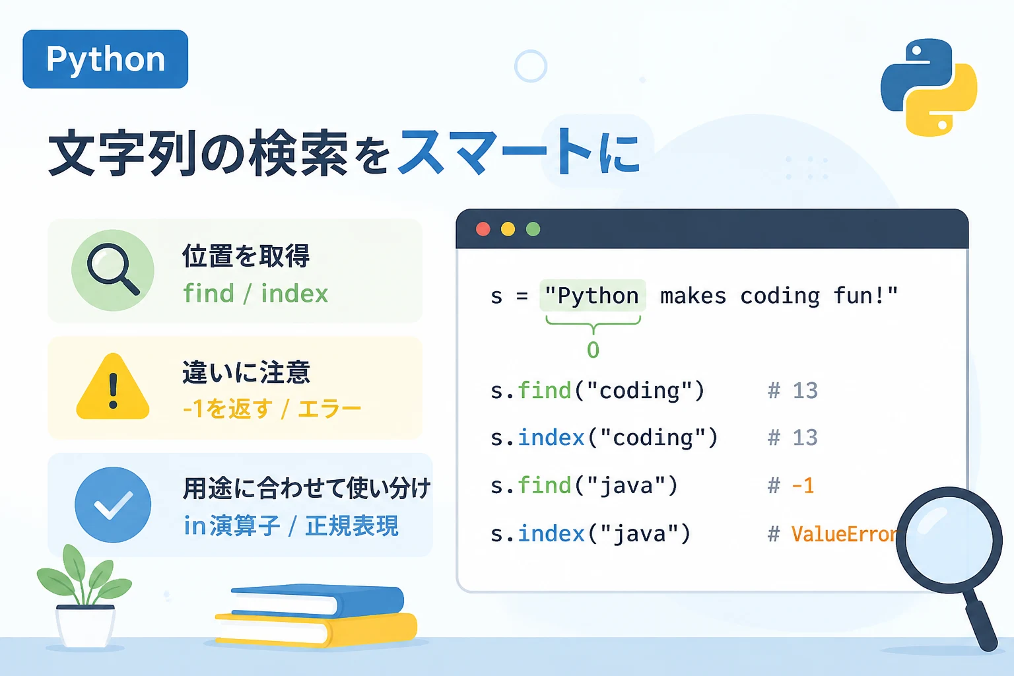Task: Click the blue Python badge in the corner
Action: coord(105,59)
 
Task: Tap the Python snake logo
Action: coord(929,87)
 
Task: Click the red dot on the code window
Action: coord(483,229)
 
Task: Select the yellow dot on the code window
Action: coord(508,229)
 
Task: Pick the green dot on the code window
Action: coord(533,229)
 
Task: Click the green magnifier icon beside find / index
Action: coord(113,270)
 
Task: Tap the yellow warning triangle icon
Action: coord(113,386)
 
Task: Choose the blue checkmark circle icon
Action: coord(113,505)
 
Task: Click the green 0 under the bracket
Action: coord(593,350)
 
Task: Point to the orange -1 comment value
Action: coord(803,486)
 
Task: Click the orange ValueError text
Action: coord(845,534)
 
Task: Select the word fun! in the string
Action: coord(865,296)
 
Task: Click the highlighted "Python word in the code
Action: coord(593,296)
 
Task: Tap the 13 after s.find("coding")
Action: coord(805,390)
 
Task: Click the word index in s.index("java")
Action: coord(551,533)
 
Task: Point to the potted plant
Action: coord(84,597)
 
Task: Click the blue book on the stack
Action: coord(317,600)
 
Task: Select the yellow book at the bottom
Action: coord(316,629)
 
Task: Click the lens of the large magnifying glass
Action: coord(949,540)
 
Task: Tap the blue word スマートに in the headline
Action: coord(520,152)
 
